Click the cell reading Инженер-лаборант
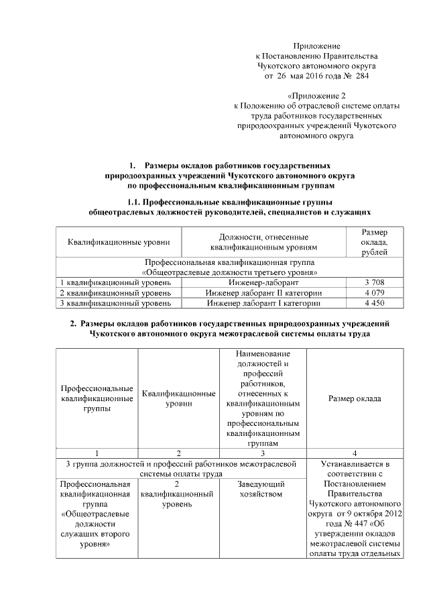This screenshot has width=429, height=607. (x=263, y=283)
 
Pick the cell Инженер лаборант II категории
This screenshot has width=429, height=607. (x=263, y=293)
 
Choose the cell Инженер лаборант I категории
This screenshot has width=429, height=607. (x=263, y=303)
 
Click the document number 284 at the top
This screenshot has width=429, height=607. (x=361, y=76)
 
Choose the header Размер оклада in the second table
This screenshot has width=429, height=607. (x=354, y=398)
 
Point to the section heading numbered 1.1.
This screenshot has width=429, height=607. (x=230, y=201)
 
